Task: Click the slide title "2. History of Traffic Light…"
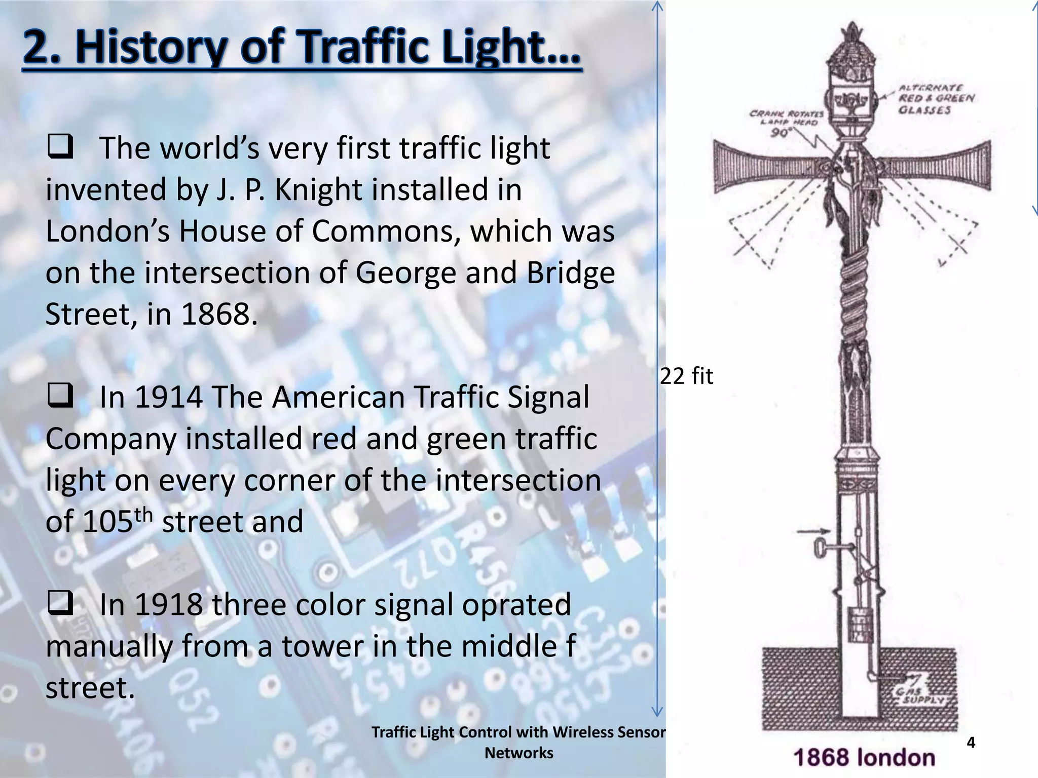click(302, 48)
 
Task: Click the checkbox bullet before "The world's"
click(60, 146)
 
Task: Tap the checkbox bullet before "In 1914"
click(60, 396)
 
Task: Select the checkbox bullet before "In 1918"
click(60, 603)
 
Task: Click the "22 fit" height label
click(686, 376)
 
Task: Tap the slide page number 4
click(971, 743)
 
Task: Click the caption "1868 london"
click(864, 758)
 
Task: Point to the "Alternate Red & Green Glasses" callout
click(936, 99)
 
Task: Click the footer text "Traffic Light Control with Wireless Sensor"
click(518, 732)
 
